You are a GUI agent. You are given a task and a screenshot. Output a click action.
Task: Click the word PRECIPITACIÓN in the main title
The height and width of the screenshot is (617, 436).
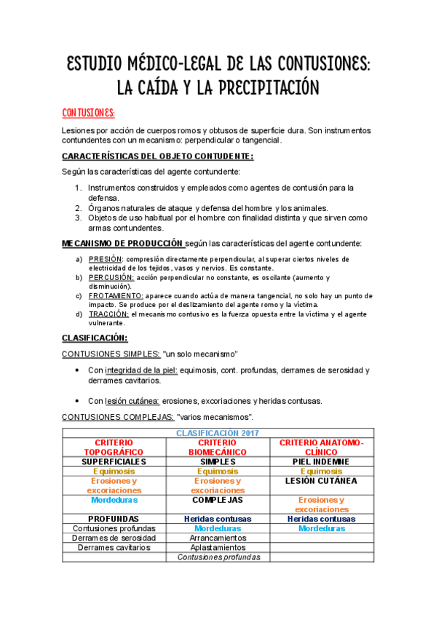(258, 88)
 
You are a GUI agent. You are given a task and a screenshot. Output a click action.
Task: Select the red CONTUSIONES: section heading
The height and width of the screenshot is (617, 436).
(88, 114)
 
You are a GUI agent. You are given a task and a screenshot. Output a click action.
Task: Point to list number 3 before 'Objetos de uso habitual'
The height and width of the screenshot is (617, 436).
(79, 218)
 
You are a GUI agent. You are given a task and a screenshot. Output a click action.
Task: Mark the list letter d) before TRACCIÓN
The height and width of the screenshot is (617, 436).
(79, 314)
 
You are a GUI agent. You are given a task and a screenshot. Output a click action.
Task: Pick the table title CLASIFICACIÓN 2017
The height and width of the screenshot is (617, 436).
(218, 433)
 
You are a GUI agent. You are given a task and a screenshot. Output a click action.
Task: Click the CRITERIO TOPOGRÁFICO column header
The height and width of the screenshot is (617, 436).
(114, 447)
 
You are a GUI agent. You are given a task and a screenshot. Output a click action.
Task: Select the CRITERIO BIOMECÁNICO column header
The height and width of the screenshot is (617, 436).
(218, 447)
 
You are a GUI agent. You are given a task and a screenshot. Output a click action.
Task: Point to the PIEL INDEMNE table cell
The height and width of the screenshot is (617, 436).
(321, 461)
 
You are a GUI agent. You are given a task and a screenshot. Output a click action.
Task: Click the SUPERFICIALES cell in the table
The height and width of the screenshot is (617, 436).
(114, 461)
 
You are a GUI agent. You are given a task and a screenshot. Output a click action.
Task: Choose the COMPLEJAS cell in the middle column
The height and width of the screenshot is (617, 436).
(218, 500)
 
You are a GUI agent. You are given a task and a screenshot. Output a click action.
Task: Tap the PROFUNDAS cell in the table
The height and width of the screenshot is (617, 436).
(114, 519)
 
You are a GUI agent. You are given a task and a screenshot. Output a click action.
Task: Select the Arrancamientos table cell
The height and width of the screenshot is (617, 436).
(218, 538)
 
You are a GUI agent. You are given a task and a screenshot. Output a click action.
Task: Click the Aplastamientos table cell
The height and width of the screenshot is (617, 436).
(218, 547)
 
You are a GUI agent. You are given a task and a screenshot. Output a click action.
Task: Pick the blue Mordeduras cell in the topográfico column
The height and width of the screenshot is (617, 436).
(114, 500)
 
